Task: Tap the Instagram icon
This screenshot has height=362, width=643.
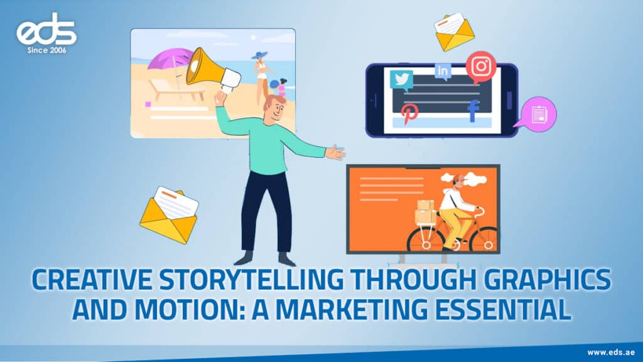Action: pos(481,66)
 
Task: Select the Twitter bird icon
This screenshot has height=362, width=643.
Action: pos(401,80)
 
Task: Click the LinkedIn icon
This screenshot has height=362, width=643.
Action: pos(443,72)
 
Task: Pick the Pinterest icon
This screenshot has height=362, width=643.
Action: pos(410,112)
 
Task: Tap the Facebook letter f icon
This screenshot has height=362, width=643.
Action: pos(473,111)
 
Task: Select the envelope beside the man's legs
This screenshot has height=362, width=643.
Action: pos(169,214)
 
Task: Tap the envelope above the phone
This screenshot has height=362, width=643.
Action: pos(455,31)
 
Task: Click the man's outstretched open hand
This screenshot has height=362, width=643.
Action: pos(336,152)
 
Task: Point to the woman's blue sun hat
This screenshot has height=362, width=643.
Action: pos(259,55)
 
